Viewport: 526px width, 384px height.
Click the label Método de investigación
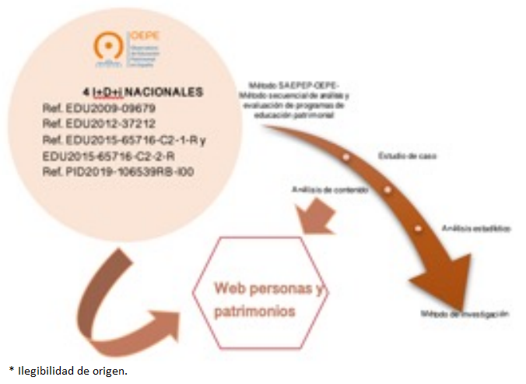coord(465,314)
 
